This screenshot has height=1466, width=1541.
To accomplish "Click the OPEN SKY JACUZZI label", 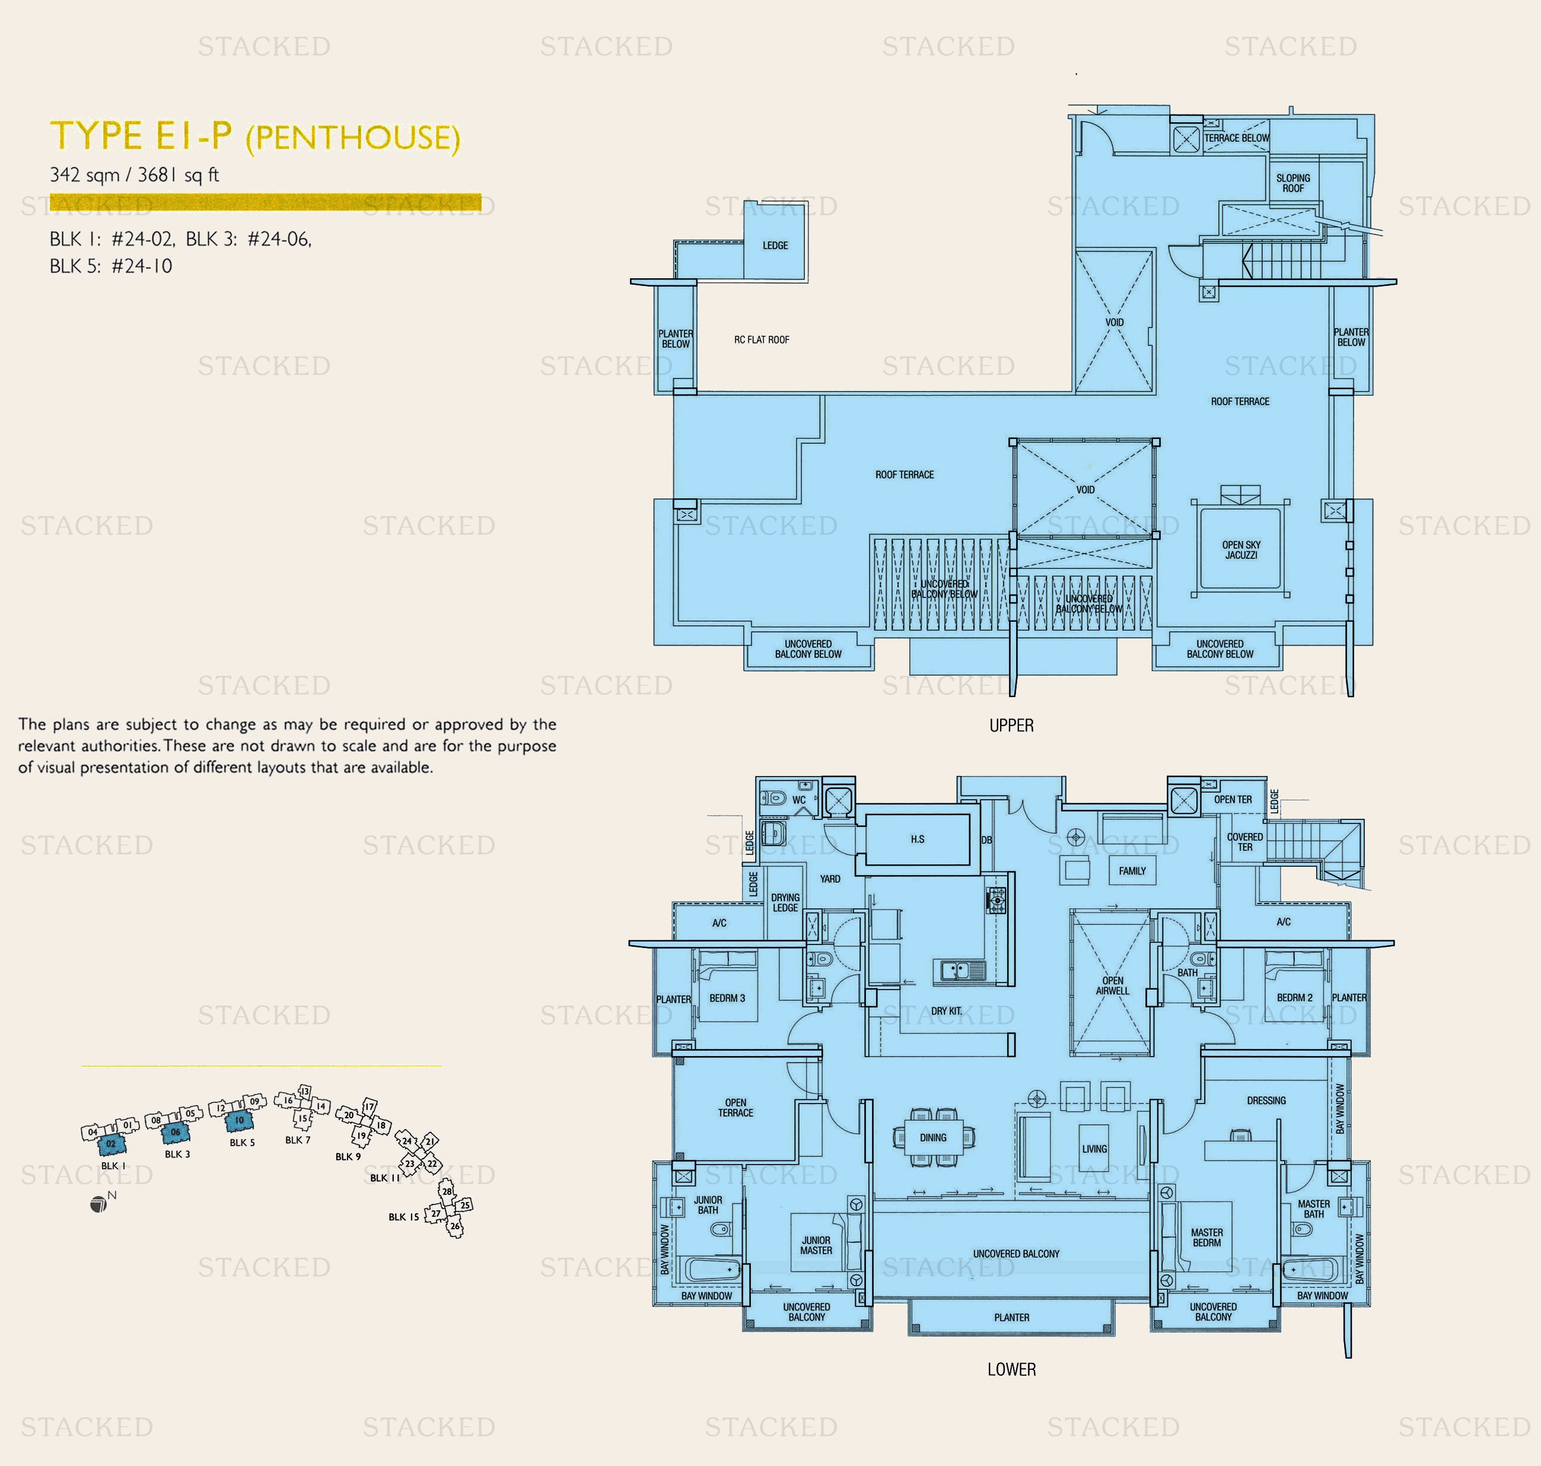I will pyautogui.click(x=1241, y=550).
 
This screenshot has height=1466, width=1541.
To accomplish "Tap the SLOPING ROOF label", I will pyautogui.click(x=1292, y=183).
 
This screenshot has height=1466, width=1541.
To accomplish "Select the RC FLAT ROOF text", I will pyautogui.click(x=761, y=340).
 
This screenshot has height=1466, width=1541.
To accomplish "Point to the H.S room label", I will pyautogui.click(x=918, y=839).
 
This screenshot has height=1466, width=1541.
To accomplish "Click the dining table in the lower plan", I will pyautogui.click(x=933, y=1138).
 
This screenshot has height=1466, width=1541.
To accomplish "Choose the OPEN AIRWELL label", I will pyautogui.click(x=1112, y=985).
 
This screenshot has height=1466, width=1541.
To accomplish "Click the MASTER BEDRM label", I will pyautogui.click(x=1206, y=1237).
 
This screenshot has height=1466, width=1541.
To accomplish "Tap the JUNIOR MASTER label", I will pyautogui.click(x=816, y=1245).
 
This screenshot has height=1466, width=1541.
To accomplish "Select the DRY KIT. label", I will pyautogui.click(x=946, y=1011).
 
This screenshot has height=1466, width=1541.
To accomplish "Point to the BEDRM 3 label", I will pyautogui.click(x=727, y=998).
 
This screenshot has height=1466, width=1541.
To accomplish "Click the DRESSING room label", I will pyautogui.click(x=1266, y=1101).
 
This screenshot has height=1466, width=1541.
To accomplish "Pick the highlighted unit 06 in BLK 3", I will pyautogui.click(x=175, y=1131).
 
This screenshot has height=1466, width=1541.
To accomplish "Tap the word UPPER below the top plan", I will pyautogui.click(x=1011, y=725).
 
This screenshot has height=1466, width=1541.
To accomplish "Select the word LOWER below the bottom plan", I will pyautogui.click(x=1011, y=1369).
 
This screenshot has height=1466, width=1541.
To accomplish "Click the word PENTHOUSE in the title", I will pyautogui.click(x=352, y=138).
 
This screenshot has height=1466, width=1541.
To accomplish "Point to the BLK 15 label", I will pyautogui.click(x=403, y=1217).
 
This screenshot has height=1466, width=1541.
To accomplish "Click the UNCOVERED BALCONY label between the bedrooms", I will pyautogui.click(x=1016, y=1254).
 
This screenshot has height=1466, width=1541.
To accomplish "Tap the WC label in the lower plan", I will pyautogui.click(x=798, y=799).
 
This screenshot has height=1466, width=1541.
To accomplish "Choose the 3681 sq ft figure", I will pyautogui.click(x=178, y=175).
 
